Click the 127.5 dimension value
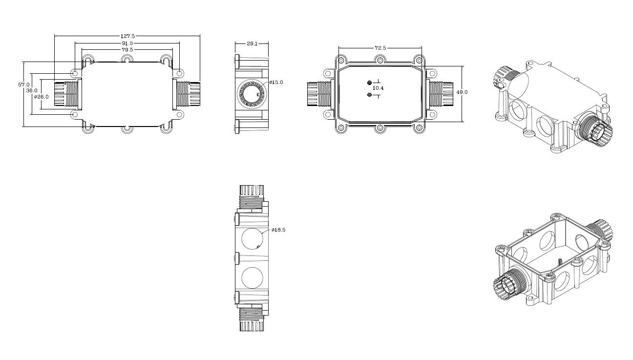click(x=128, y=36)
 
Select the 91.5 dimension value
click(x=127, y=43)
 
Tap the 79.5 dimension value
click(x=127, y=49)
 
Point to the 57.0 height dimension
click(x=24, y=85)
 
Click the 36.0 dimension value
click(x=32, y=90)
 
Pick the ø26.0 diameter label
click(x=41, y=97)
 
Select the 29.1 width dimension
click(x=252, y=43)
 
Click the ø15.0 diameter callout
click(x=276, y=82)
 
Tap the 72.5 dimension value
click(x=380, y=48)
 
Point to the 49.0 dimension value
click(x=462, y=92)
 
